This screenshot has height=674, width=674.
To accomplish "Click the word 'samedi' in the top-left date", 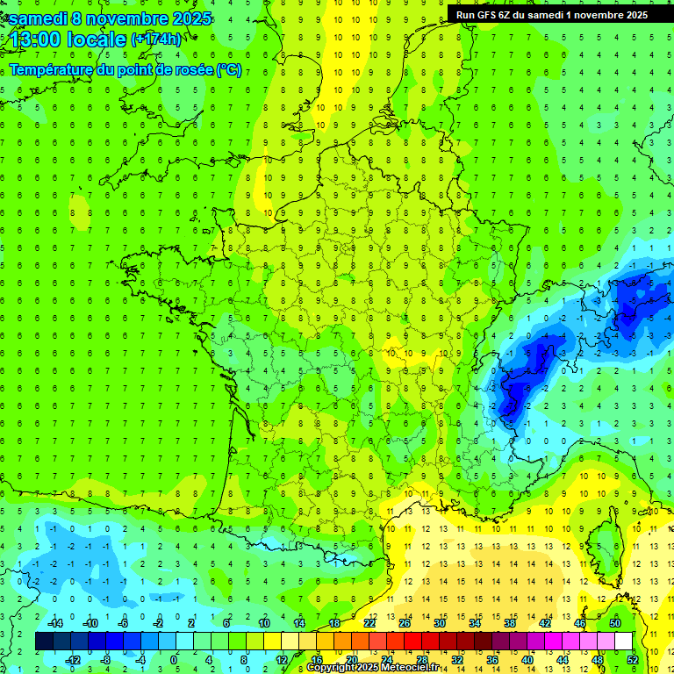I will pos(37,18).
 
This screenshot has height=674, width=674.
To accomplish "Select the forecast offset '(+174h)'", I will pos(155,39).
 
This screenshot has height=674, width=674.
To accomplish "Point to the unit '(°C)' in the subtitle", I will pos(228,69).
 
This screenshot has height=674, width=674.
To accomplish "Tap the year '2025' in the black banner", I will pos(631,14).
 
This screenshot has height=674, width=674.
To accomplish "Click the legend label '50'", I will pos(614,623).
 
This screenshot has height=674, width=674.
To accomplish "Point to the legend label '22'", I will pos(369,623).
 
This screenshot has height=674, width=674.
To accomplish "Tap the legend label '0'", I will pos(173,659).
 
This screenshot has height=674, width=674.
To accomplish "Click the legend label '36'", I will pos(491,659).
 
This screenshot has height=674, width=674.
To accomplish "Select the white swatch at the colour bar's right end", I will pos(624,642).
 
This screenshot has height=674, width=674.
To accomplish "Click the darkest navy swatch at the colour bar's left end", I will pos(44,642).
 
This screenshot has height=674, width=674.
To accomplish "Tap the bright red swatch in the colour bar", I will pos(412,642).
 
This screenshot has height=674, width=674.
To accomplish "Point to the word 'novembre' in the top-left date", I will pos(133,18).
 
